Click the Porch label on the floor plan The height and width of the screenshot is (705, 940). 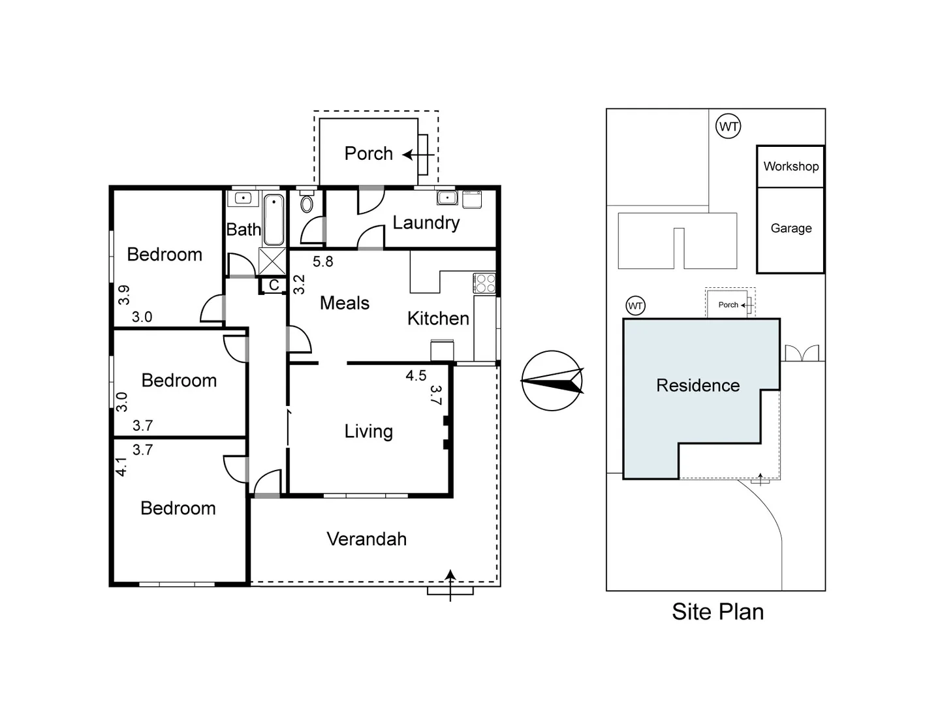(x=368, y=153)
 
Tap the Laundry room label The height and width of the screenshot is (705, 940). (x=426, y=223)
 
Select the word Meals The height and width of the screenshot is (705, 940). (x=344, y=303)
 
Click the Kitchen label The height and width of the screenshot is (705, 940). (x=438, y=319)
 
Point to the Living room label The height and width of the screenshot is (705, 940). (x=368, y=431)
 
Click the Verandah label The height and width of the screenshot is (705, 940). (x=366, y=539)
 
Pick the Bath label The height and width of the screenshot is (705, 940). (x=243, y=230)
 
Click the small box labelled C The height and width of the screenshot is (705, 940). (x=274, y=285)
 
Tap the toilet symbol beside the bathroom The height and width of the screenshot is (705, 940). (x=307, y=204)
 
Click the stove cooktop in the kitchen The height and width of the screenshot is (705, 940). (x=485, y=283)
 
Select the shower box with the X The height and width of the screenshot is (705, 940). (x=272, y=261)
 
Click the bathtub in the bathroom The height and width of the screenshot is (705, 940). (x=274, y=219)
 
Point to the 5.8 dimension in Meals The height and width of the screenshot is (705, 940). (x=322, y=262)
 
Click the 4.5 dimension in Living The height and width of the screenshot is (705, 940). (x=416, y=375)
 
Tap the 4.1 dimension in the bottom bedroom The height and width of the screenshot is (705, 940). (x=121, y=466)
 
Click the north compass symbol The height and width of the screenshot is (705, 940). (x=552, y=381)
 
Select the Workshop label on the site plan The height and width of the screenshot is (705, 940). (x=791, y=166)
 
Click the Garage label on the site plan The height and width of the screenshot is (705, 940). (x=791, y=228)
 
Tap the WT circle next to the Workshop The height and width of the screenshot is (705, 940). (x=728, y=126)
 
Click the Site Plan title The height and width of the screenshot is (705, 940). (x=717, y=612)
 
